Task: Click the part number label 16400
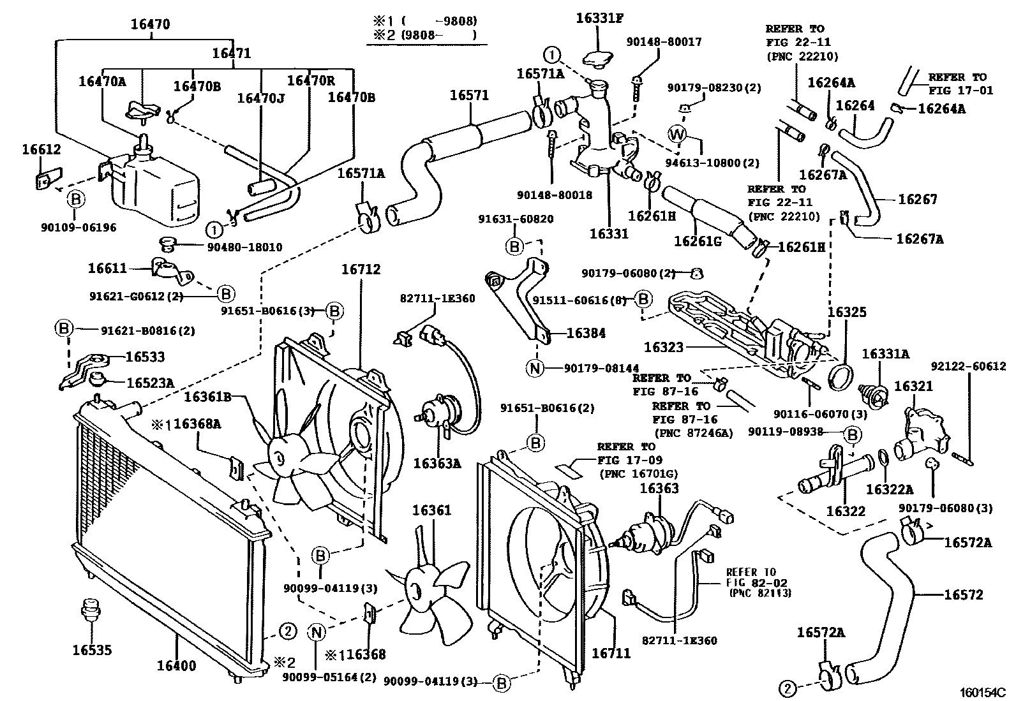(x=177, y=666)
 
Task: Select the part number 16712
(x=361, y=270)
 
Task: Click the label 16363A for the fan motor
(x=437, y=463)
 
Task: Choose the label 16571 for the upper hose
(x=469, y=96)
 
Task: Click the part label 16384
(x=586, y=333)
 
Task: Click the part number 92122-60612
(x=968, y=367)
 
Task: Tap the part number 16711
(x=611, y=653)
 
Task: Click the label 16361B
(x=207, y=397)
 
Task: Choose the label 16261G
(x=698, y=240)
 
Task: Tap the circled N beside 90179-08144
(x=535, y=367)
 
